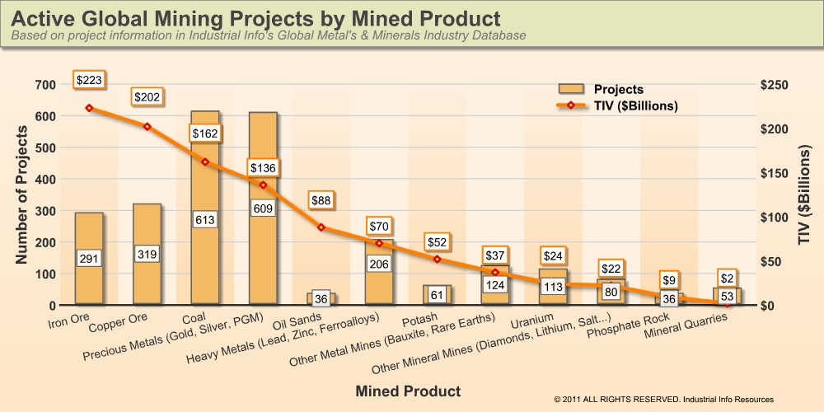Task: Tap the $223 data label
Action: [89, 80]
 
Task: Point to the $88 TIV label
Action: [321, 199]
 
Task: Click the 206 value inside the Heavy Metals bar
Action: [380, 265]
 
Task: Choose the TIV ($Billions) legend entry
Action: [617, 105]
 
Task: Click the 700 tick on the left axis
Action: [45, 85]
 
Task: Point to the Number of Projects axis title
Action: [22, 194]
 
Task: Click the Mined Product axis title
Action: [408, 390]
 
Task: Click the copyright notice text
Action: [664, 399]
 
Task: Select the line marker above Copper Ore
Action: [147, 126]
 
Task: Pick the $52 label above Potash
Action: [438, 242]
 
